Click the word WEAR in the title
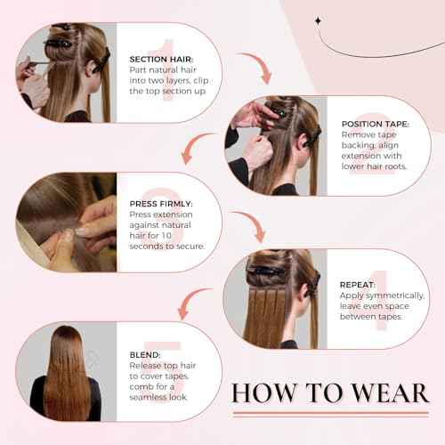click(369, 392)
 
